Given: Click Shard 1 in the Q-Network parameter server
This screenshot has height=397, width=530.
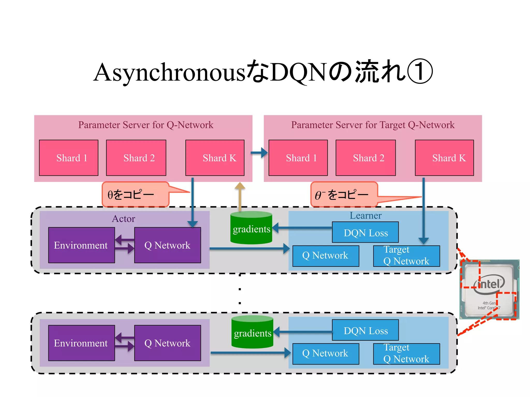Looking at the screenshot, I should click(x=69, y=158).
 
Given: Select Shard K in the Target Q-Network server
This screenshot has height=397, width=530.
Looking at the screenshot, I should click(x=444, y=158).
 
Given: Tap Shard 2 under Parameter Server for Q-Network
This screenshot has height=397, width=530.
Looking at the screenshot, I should click(x=136, y=158).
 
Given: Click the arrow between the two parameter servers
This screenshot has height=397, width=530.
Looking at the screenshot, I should click(x=259, y=153).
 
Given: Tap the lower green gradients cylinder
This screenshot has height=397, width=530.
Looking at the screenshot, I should click(x=252, y=332).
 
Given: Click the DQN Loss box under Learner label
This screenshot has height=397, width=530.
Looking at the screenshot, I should click(x=365, y=232).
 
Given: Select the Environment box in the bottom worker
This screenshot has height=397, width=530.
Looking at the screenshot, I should click(x=81, y=343).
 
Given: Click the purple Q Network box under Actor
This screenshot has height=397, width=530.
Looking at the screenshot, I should click(x=167, y=245).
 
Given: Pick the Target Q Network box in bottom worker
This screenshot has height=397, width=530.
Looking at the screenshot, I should click(x=406, y=354).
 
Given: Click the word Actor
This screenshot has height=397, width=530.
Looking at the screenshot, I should click(x=123, y=219).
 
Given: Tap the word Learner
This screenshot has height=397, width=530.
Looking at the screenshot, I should click(x=365, y=215).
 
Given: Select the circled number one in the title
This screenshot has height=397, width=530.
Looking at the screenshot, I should click(x=420, y=72).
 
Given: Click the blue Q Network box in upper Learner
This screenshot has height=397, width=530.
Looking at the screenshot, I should click(x=326, y=256).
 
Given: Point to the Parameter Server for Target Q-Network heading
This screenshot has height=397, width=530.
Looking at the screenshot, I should click(x=373, y=125).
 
